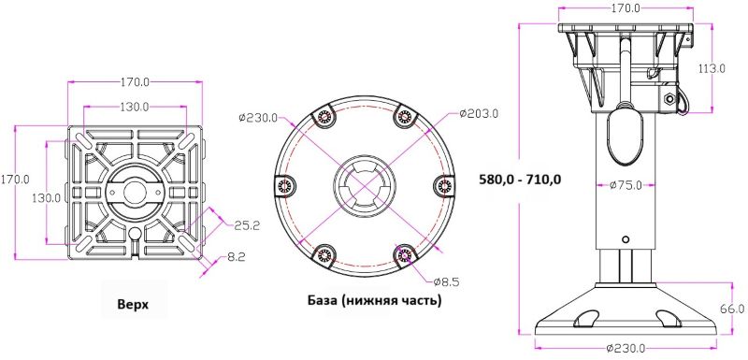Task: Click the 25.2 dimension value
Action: coord(247,226)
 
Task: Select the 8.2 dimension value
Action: coord(237,257)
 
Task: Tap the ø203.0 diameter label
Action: coord(479,114)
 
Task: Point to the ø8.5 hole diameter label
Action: coord(446,282)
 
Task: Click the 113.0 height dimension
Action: coord(712,68)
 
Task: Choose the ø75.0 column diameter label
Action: coord(626,185)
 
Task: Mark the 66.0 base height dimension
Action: coord(732,309)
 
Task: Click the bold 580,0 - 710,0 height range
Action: coord(521,180)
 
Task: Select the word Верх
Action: coord(133,304)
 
